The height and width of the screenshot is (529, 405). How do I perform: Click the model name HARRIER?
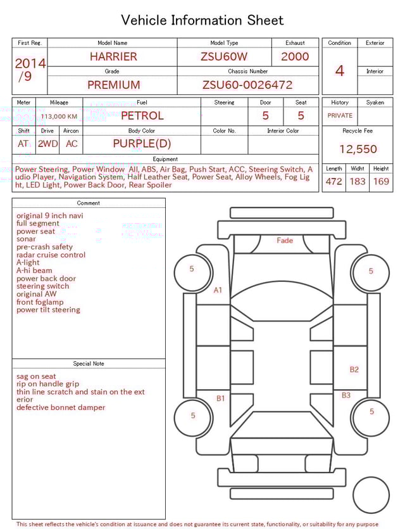point(113,56)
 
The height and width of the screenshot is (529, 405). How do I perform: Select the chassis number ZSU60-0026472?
point(247,85)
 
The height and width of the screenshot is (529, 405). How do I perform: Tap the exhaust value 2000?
point(295,56)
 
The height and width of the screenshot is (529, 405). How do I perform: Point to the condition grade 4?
point(340,70)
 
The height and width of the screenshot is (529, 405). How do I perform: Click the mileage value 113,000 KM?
point(59,117)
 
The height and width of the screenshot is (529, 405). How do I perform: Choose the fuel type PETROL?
point(142,115)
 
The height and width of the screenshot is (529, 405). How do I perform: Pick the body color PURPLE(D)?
point(142,143)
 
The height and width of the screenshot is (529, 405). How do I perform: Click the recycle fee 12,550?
point(358,150)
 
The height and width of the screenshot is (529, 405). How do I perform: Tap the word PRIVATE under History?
point(340,116)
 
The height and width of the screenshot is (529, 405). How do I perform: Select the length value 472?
point(333,181)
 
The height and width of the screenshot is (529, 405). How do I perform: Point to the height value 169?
point(381,181)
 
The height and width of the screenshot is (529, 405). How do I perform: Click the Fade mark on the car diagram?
point(285,241)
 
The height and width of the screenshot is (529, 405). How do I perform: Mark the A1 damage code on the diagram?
point(218,290)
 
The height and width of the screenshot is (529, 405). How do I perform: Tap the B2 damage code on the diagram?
point(354,369)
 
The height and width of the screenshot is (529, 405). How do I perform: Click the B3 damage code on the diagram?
point(346,395)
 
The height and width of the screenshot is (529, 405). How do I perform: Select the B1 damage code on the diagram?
point(221,398)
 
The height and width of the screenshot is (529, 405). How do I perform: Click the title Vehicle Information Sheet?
point(202,20)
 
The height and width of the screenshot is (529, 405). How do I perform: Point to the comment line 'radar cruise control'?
point(51,255)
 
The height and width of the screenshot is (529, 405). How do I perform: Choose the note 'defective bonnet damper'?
point(61,407)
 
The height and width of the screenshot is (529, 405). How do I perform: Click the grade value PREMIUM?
point(114,85)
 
